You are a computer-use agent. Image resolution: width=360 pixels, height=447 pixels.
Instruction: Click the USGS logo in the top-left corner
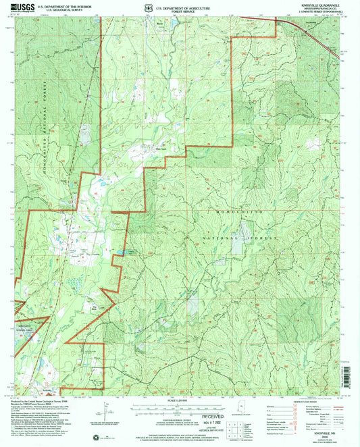[x=20, y=7]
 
